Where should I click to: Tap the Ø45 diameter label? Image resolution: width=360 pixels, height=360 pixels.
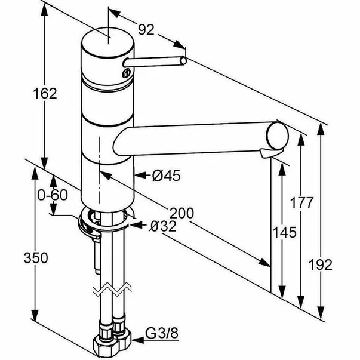coord(166,175)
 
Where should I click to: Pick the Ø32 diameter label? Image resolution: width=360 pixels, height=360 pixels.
coord(163,226)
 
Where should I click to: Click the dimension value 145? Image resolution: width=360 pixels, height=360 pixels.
coord(284,232)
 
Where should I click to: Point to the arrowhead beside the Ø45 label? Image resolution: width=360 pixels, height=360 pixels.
coord(141,176)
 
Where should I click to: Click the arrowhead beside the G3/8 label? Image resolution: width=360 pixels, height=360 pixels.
coord(139,342)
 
